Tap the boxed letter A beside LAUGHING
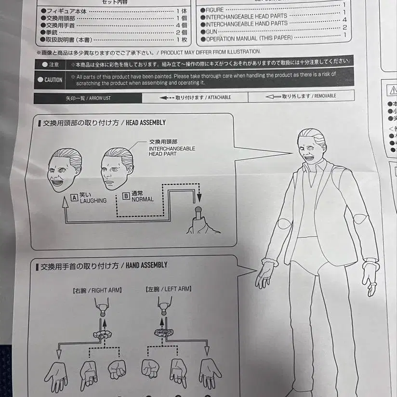click(74, 197)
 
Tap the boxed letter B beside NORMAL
click(126, 196)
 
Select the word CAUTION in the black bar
click(53, 80)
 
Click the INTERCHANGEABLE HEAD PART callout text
click(172, 148)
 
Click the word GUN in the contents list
click(212, 30)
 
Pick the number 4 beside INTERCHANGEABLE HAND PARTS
click(344, 20)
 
